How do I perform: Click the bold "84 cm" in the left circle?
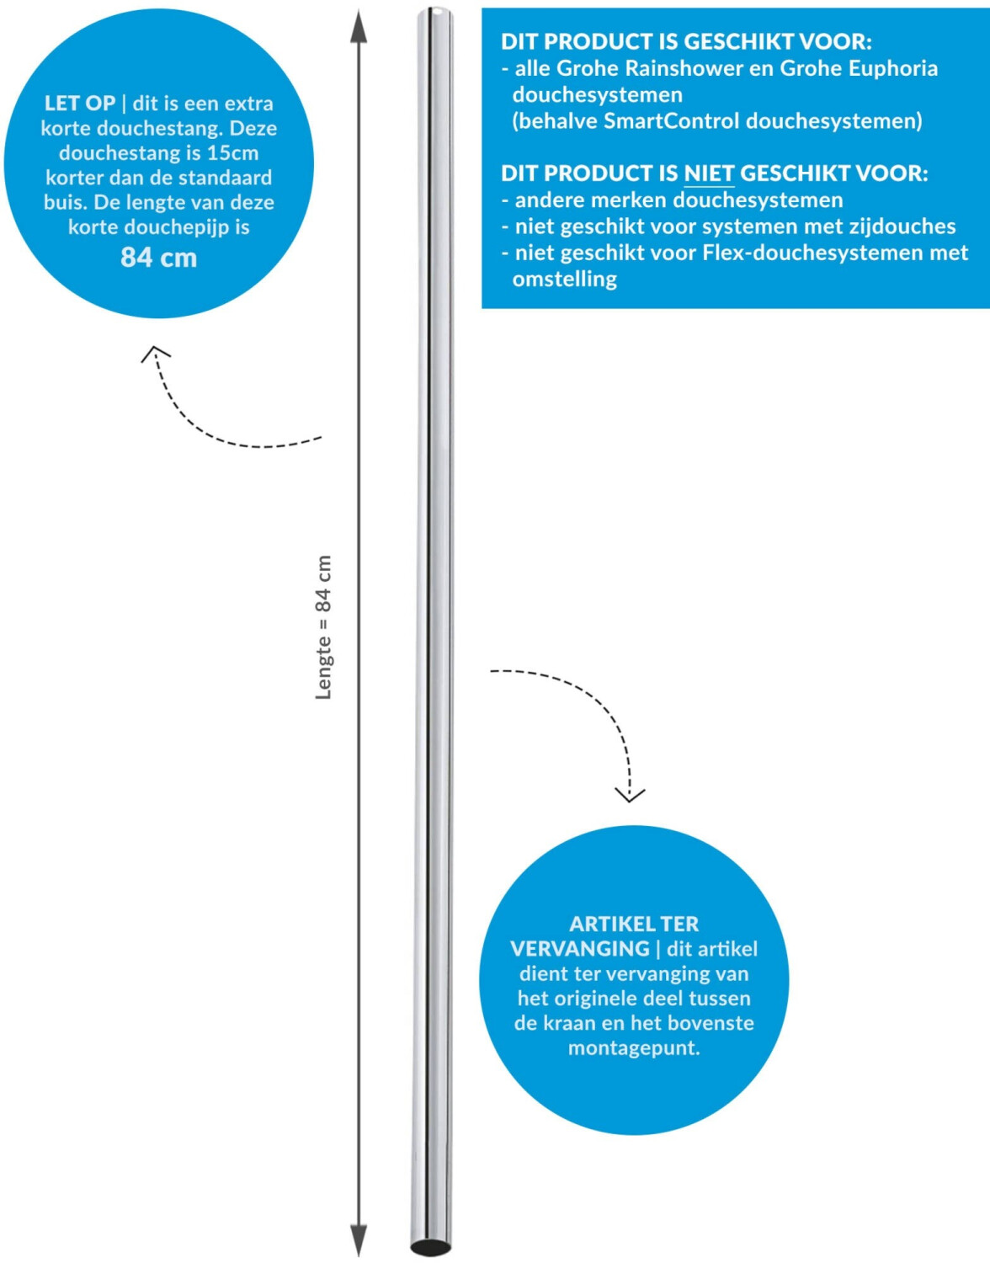coord(158,258)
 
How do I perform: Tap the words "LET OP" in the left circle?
coord(80,104)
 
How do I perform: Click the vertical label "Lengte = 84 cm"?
coord(323,627)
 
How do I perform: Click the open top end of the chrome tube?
coord(434,11)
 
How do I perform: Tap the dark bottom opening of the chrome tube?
coord(430,1247)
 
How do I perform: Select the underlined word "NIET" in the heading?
coord(709,173)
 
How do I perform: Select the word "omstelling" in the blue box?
coord(564,280)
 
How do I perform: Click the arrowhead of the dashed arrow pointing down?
coord(630,796)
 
